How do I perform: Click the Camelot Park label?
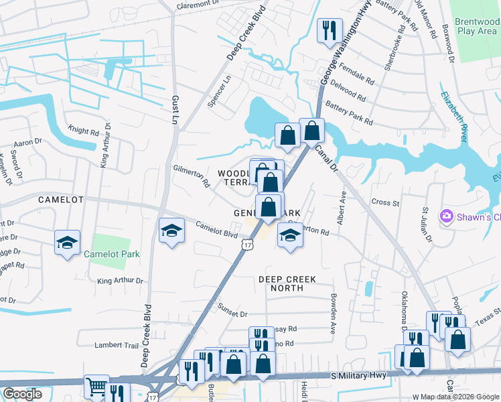[112, 254]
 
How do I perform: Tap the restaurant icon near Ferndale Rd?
[328, 31]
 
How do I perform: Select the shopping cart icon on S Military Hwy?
[96, 386]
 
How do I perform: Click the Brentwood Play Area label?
[476, 26]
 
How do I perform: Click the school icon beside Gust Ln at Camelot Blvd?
[171, 231]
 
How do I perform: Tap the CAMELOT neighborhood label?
[60, 200]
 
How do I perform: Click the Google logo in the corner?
[22, 394]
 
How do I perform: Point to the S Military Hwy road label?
[358, 377]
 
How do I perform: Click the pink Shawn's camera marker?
[446, 216]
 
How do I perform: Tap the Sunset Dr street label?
[232, 310]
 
